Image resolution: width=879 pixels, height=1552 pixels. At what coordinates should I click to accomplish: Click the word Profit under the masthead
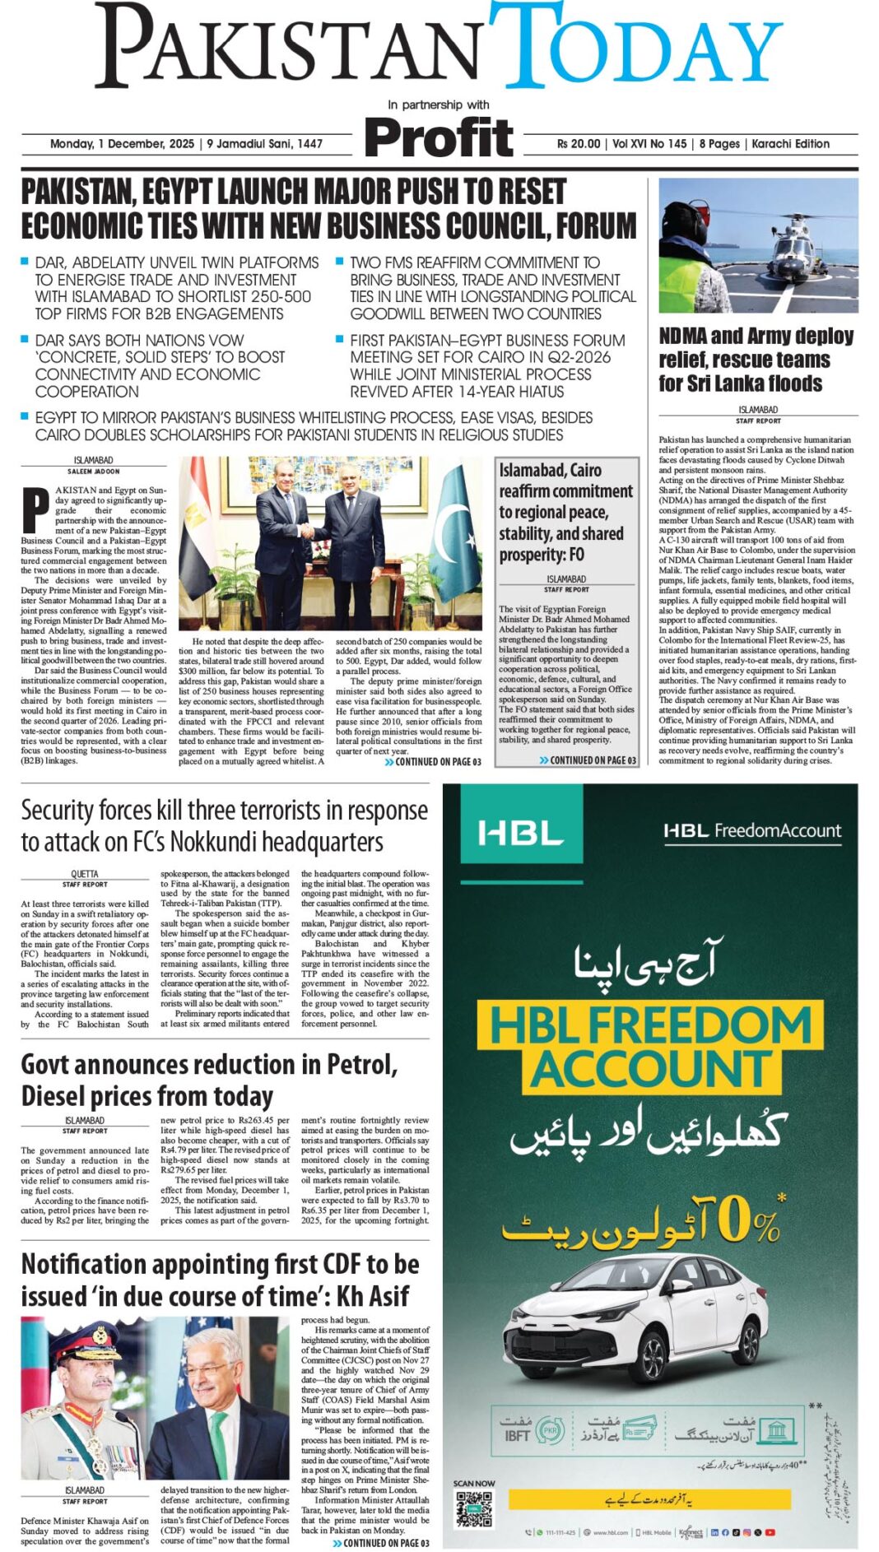439,137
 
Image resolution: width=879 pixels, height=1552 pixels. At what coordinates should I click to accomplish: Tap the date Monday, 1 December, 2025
122,143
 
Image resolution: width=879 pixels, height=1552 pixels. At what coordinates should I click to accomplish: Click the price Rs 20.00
579,143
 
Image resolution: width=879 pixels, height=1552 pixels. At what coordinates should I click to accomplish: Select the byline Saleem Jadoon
93,472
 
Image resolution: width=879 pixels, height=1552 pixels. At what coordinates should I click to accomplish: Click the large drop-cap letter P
35,510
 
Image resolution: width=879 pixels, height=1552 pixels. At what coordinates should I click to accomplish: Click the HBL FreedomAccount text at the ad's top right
752,830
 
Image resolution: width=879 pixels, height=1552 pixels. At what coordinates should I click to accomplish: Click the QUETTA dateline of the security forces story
84,874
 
